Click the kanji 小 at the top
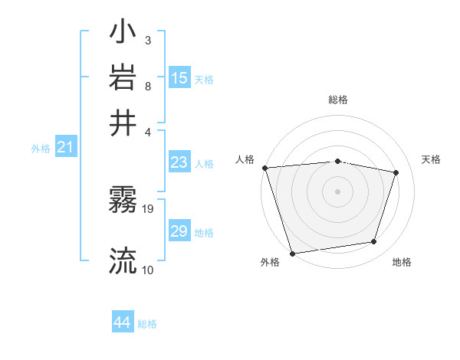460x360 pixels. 123,34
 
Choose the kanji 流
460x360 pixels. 123,261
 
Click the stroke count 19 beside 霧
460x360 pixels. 149,208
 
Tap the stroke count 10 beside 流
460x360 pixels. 148,270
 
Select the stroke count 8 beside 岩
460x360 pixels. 147,85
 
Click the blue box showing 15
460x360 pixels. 179,78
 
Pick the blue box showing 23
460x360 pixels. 179,162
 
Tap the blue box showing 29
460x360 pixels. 179,231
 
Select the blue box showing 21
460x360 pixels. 65,148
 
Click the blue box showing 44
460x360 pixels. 122,322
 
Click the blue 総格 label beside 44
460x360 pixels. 147,324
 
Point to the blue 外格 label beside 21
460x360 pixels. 41,149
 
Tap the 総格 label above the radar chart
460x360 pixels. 337,100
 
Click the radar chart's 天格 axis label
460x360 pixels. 431,159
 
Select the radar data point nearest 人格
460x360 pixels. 264,168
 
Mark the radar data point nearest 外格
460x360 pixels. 292,253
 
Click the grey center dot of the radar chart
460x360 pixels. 337,191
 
